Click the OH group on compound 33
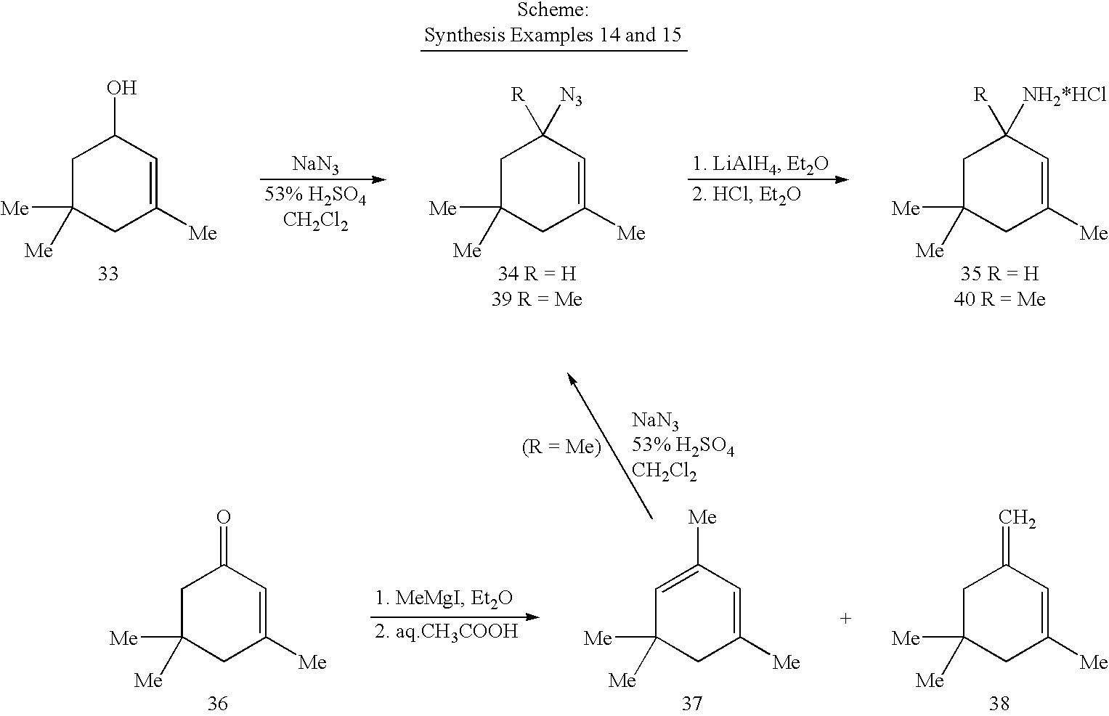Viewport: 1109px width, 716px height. [121, 88]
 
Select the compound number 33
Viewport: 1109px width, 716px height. [108, 273]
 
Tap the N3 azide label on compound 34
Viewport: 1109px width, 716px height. [571, 96]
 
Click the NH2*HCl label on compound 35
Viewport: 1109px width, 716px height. [1064, 94]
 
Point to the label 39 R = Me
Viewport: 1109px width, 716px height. [537, 299]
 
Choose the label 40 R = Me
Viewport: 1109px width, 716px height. [999, 299]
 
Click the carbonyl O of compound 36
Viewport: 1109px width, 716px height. [223, 517]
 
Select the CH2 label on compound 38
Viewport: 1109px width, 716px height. [1017, 518]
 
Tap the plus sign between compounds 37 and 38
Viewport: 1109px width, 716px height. [845, 618]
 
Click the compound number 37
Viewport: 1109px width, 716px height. [691, 703]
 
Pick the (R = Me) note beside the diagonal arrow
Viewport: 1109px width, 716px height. [561, 447]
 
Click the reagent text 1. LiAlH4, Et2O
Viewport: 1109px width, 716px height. [760, 164]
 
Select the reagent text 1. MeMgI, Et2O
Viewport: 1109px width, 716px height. [444, 598]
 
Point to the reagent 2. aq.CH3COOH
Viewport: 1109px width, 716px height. [446, 632]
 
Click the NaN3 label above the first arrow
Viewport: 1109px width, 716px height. [315, 164]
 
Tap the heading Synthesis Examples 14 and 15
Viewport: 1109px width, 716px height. [553, 35]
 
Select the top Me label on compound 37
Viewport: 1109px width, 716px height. [702, 517]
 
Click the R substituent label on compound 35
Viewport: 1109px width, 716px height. [980, 94]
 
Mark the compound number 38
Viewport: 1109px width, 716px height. [999, 703]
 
